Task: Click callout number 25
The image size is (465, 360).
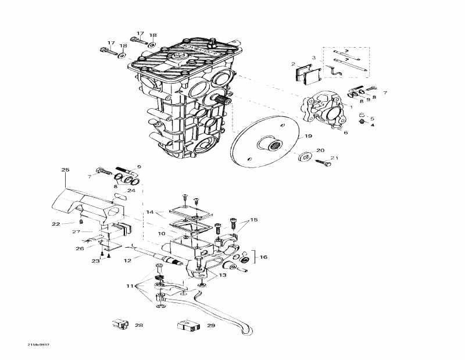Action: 65,170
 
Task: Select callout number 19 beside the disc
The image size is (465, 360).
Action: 308,136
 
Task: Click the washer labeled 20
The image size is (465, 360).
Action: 303,158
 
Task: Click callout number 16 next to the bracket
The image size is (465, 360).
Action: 263,256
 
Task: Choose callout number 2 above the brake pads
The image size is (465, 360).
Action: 294,64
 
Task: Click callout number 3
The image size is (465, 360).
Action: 313,58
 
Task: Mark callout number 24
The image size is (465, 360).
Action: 131,190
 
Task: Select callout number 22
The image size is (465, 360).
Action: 56,224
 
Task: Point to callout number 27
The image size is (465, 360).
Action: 76,232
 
